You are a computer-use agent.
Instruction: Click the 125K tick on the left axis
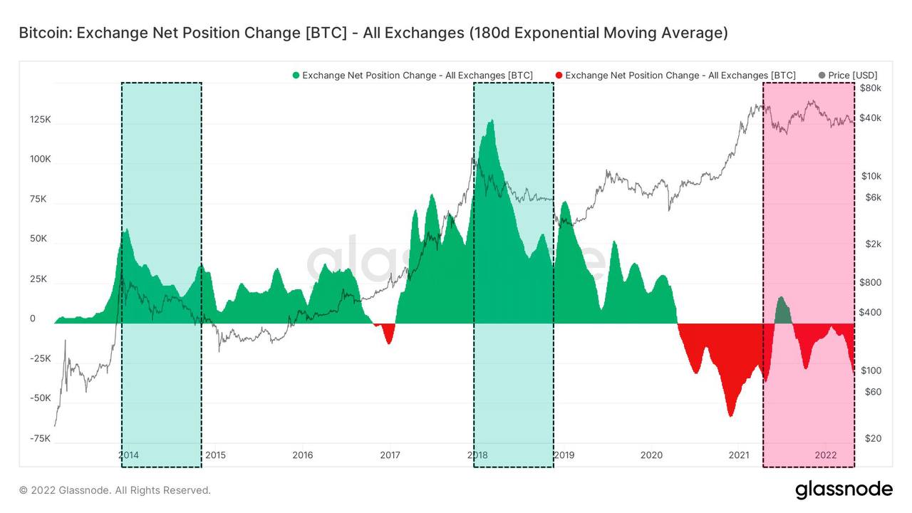pos(40,120)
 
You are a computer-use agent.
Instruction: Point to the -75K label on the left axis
pos(40,438)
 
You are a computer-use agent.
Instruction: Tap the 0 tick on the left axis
pos(33,318)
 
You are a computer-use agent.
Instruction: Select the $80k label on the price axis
pos(870,88)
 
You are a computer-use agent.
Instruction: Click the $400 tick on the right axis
pos(870,312)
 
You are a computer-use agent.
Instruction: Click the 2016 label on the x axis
pos(303,455)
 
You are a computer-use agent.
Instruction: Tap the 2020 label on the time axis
pos(651,455)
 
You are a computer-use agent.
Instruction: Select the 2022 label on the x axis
pos(825,455)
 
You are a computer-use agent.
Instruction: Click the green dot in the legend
pos(296,76)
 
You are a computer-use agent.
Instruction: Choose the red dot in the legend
pos(559,76)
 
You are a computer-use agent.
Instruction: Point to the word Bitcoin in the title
pos(44,33)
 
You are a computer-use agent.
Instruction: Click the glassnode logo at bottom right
pos(843,489)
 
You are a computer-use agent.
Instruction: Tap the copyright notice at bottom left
pos(115,490)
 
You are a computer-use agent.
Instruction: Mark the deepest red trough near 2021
pos(730,415)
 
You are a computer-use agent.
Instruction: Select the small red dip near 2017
pos(388,342)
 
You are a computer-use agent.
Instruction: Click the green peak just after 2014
pos(126,230)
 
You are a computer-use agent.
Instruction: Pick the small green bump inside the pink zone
pos(781,299)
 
